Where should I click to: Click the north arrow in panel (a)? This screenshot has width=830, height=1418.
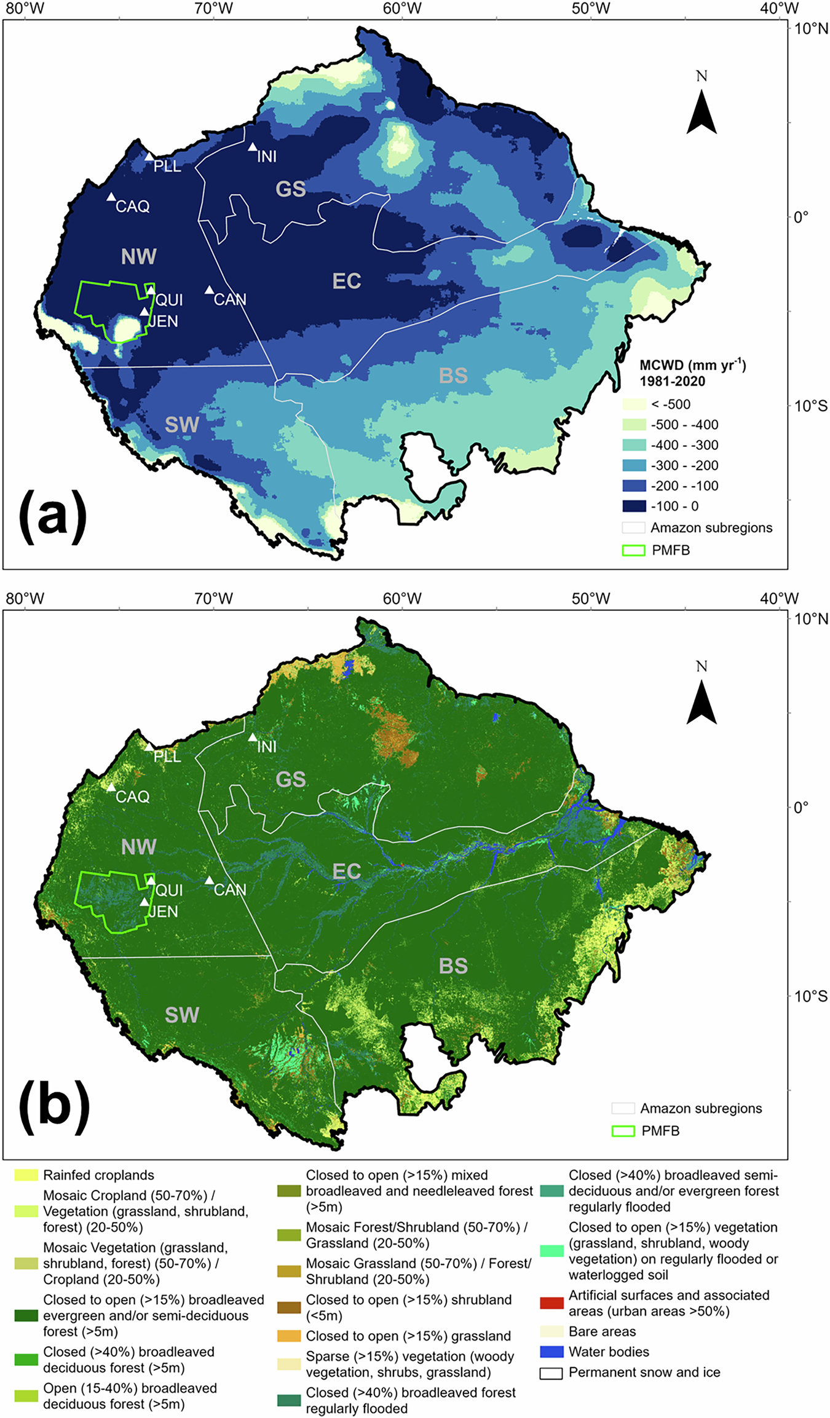[702, 111]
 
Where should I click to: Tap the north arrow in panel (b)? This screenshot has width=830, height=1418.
[702, 701]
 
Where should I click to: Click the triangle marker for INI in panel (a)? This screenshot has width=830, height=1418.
[253, 147]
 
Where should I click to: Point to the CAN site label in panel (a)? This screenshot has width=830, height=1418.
[230, 299]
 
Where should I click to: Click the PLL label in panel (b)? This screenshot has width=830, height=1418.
[167, 757]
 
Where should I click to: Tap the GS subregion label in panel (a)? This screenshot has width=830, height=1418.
[291, 189]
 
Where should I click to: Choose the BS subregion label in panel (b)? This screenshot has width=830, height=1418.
[453, 966]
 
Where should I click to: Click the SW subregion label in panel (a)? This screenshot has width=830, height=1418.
[182, 425]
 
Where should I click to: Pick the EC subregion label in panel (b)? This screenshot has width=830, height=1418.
[347, 872]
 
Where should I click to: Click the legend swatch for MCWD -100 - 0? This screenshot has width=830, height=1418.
[634, 506]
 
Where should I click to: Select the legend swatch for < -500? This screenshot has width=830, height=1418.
[634, 404]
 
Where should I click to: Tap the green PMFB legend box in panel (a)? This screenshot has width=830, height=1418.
[634, 550]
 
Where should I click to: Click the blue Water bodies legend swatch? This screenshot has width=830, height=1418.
[551, 1352]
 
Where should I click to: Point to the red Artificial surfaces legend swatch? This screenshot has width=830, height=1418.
[551, 1303]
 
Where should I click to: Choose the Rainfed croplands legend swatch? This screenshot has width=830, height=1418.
[26, 1175]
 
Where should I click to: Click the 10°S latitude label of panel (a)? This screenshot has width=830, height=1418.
[811, 406]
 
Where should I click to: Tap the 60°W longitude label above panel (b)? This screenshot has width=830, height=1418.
[402, 599]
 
